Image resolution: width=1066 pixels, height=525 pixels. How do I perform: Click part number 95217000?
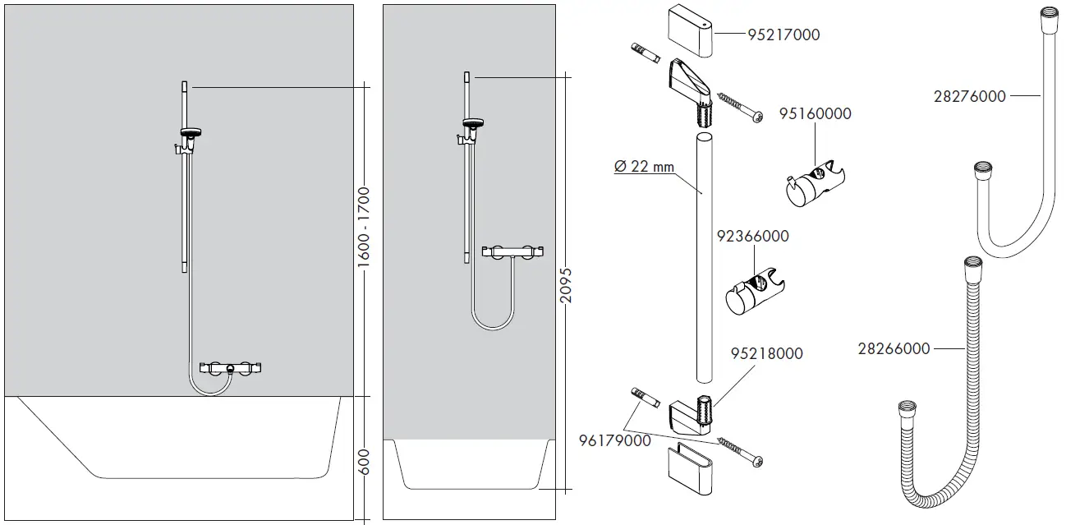(783, 35)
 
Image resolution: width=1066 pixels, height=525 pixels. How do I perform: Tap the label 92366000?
(752, 237)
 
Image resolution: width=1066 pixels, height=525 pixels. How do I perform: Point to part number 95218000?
(766, 354)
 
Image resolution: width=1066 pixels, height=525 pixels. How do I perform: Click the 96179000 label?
(614, 440)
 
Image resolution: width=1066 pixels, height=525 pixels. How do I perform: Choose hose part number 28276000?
(969, 96)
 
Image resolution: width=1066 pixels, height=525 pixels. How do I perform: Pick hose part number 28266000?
(894, 349)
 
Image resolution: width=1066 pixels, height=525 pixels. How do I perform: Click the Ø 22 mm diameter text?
(644, 167)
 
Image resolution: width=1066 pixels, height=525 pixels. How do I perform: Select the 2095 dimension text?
(566, 284)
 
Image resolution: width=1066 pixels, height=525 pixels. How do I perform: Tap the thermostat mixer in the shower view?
(512, 251)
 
